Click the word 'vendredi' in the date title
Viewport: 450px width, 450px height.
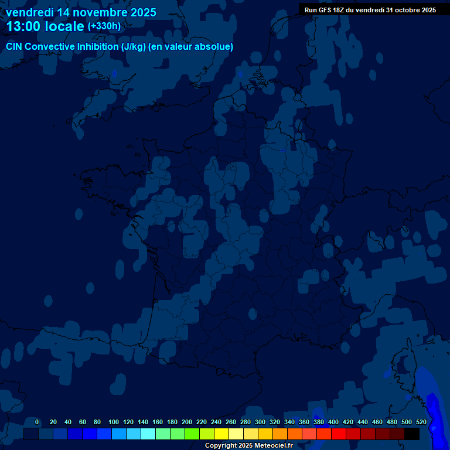click(30, 12)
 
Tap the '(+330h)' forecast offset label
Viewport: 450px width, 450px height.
click(104, 26)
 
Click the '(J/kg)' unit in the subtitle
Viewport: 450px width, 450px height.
click(134, 46)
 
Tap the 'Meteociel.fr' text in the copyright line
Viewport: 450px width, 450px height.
click(273, 446)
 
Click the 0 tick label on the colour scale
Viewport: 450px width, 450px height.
click(37, 422)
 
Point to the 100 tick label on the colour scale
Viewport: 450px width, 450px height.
click(114, 422)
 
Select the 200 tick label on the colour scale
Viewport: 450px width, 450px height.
click(187, 422)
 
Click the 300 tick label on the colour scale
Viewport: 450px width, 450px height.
click(260, 422)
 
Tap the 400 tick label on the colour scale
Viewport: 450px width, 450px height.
click(333, 422)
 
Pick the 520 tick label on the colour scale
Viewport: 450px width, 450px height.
click(421, 422)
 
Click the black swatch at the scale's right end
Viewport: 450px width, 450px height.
click(412, 434)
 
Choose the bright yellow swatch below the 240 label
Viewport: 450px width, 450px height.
click(221, 434)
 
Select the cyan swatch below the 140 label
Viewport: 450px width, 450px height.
click(148, 434)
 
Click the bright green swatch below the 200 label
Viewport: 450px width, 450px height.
click(192, 434)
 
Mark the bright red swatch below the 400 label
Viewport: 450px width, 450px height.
click(339, 434)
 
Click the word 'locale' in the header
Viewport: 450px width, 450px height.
click(64, 26)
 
